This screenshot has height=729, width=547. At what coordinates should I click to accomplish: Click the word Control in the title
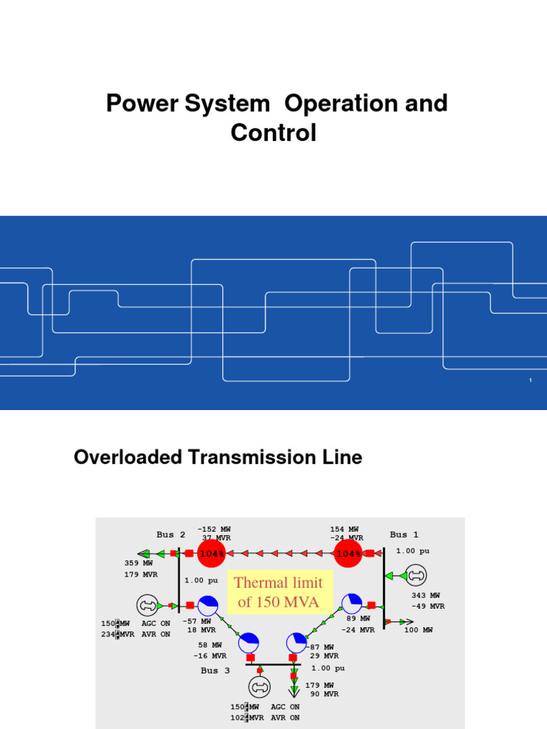(x=273, y=132)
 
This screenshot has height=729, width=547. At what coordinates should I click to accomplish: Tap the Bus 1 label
(x=404, y=535)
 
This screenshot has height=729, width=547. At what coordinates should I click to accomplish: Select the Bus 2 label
(x=171, y=535)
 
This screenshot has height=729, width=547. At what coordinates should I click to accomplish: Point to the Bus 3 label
(x=215, y=671)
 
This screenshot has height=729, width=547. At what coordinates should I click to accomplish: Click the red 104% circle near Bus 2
(x=212, y=553)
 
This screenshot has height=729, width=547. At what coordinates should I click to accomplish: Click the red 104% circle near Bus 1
(x=349, y=553)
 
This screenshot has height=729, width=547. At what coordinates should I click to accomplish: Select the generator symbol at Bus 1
(x=415, y=575)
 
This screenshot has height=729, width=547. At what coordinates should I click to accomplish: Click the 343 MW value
(x=425, y=595)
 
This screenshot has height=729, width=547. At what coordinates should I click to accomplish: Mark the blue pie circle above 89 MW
(x=352, y=604)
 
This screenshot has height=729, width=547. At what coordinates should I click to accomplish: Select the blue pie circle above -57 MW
(x=208, y=606)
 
